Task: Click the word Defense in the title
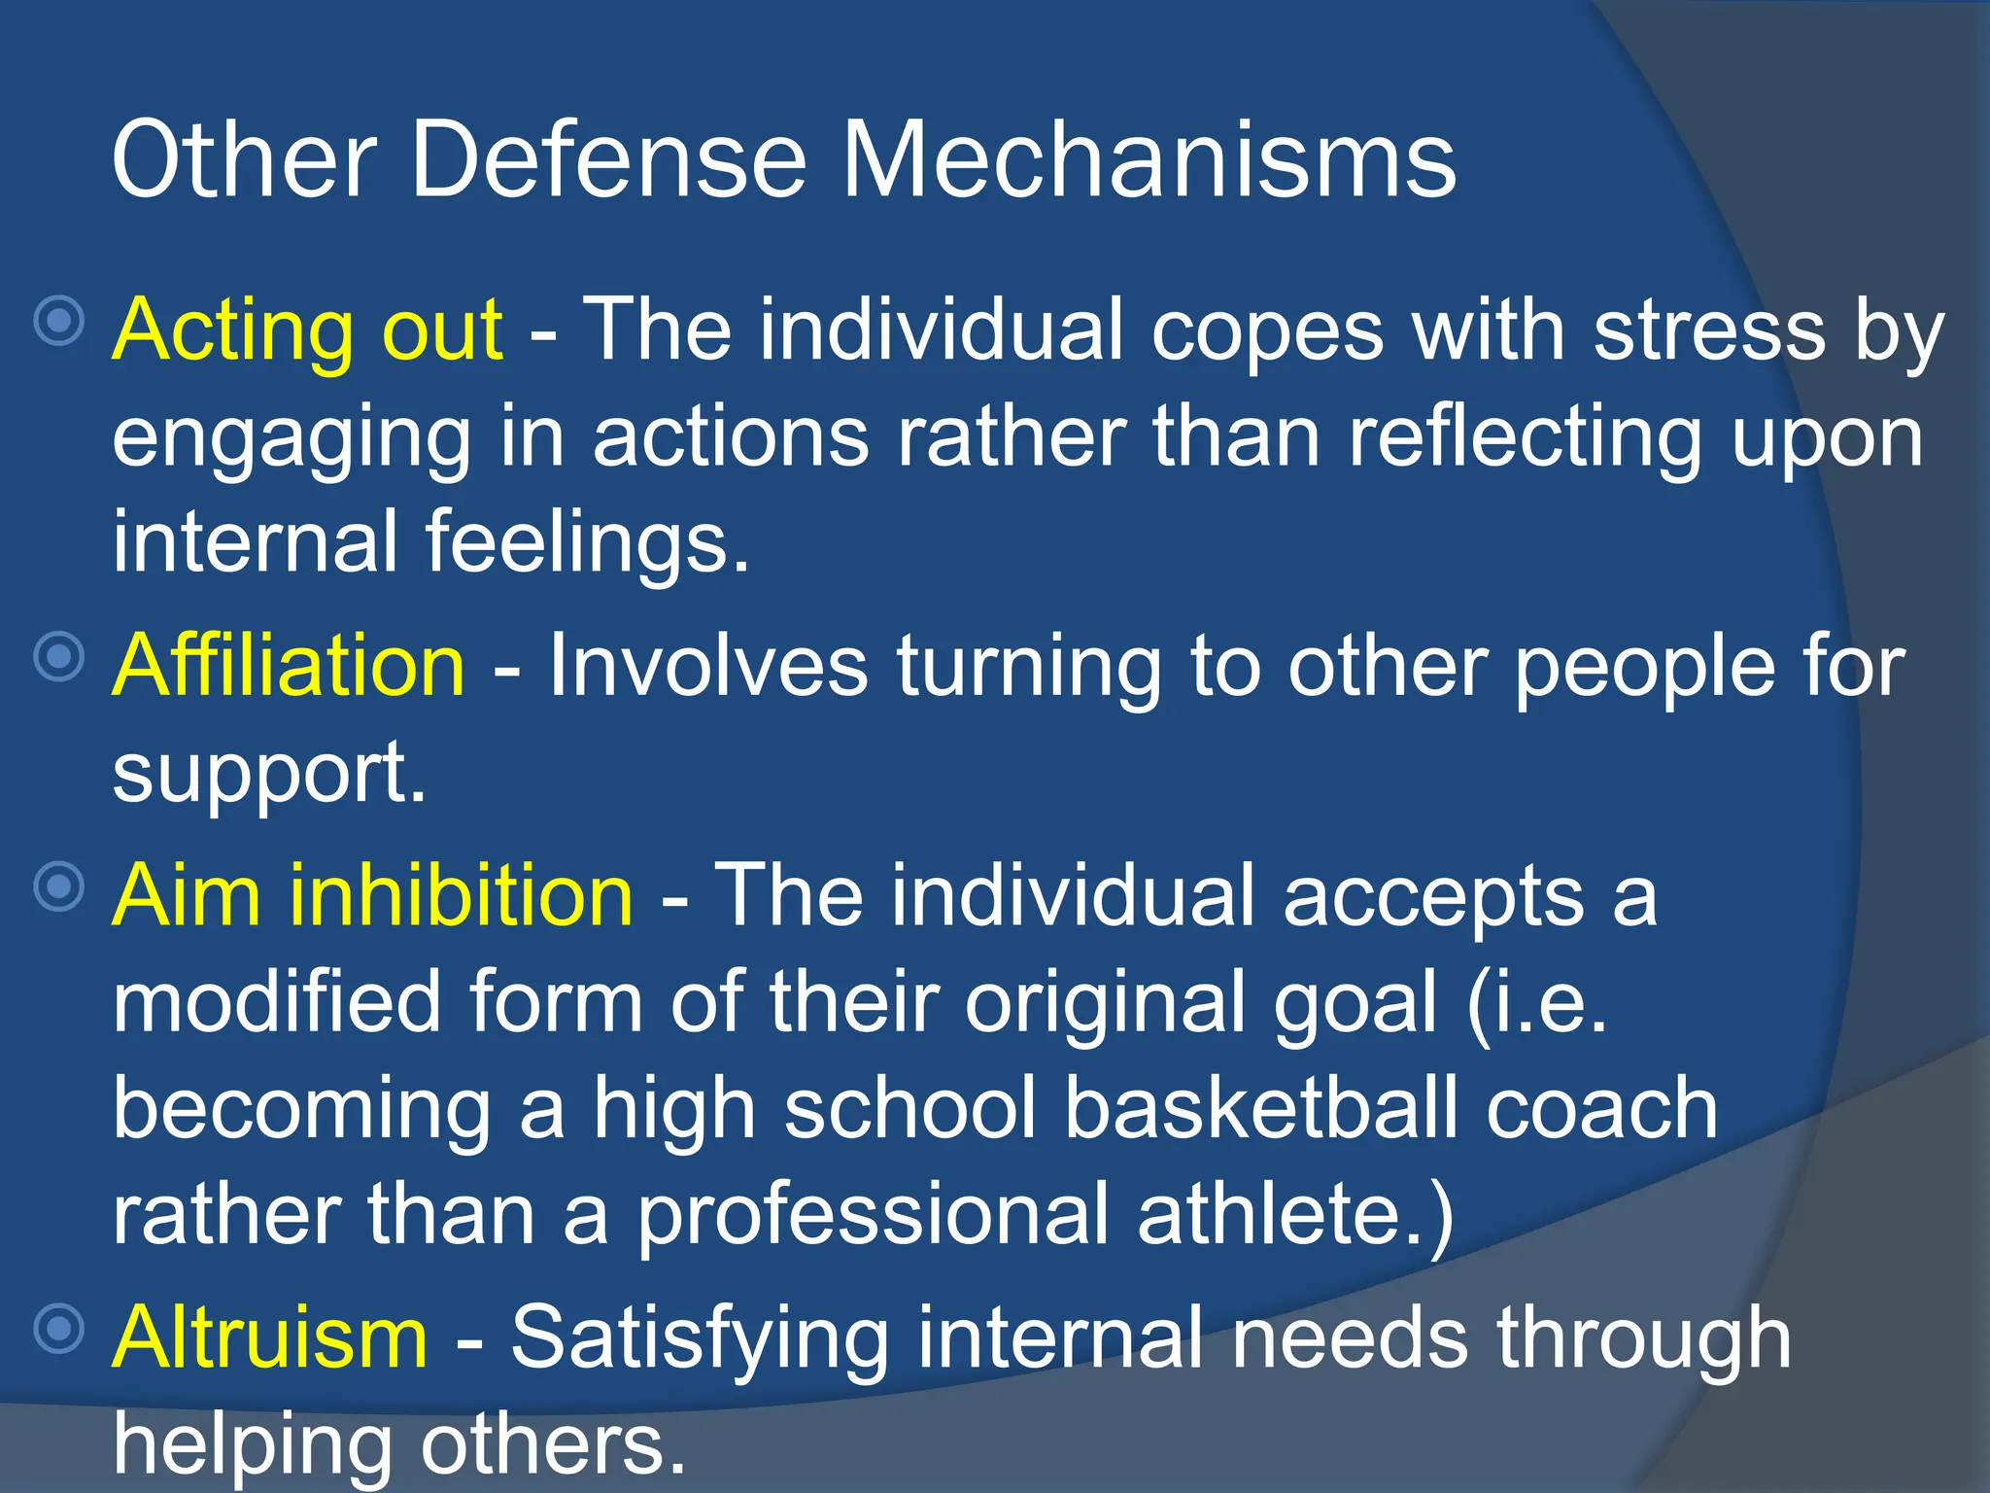click(608, 159)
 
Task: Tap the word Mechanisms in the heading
click(1148, 159)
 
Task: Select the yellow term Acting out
click(307, 330)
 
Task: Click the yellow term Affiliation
click(289, 666)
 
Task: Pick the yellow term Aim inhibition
click(373, 895)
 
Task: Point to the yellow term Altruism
click(270, 1337)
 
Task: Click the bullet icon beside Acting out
click(59, 320)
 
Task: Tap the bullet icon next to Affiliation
click(59, 656)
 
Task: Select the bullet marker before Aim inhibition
click(59, 885)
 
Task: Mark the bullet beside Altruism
click(59, 1328)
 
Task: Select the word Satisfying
click(700, 1337)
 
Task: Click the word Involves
click(708, 666)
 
